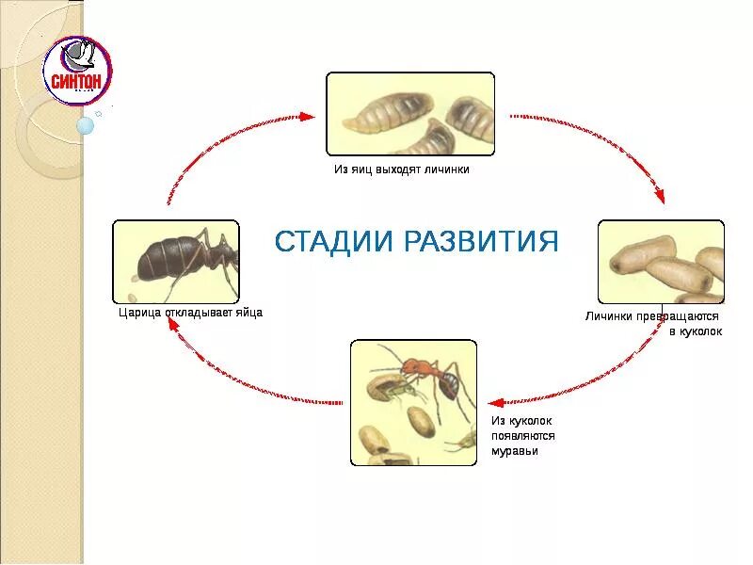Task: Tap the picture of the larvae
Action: (x=410, y=114)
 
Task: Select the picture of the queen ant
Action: (x=176, y=262)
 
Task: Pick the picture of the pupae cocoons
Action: (x=661, y=262)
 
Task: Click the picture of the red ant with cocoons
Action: (x=413, y=402)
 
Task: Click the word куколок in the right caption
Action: (x=700, y=331)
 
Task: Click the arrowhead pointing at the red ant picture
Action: (x=492, y=401)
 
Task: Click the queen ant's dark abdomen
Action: (x=162, y=259)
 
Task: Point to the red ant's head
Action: (x=411, y=365)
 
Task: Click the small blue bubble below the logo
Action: (x=85, y=125)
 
